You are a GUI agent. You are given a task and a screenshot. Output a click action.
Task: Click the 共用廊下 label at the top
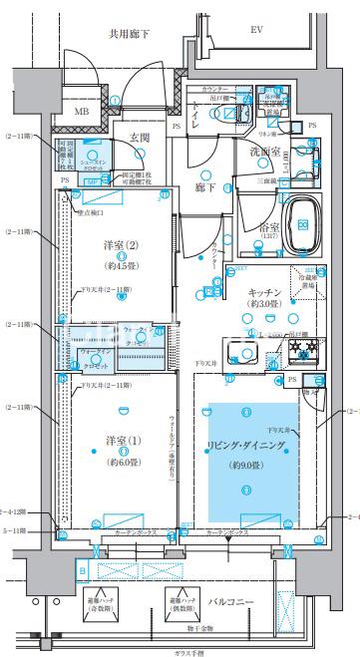pyautogui.click(x=131, y=35)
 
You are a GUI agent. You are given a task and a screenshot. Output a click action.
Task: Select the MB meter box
pyautogui.click(x=81, y=113)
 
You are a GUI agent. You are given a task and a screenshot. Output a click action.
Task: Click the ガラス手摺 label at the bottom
pyautogui.click(x=185, y=650)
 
